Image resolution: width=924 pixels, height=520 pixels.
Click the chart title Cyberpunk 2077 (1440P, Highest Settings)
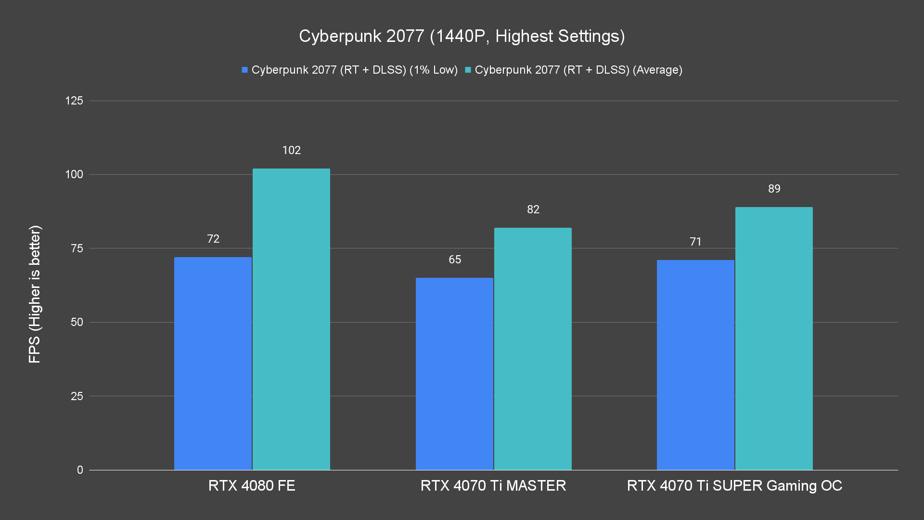[x=462, y=36]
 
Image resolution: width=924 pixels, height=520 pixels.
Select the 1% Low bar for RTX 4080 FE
[x=213, y=364]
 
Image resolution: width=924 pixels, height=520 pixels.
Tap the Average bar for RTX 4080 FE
[x=291, y=319]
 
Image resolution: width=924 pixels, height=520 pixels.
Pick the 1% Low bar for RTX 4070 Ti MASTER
[x=454, y=374]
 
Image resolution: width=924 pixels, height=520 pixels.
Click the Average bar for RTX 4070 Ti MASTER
[x=533, y=349]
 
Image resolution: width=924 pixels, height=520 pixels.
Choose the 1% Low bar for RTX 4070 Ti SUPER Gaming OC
[x=695, y=365]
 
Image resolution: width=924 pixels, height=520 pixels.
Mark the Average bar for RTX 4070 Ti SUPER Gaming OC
[x=774, y=338]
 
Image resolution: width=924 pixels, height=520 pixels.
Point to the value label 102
[x=291, y=150]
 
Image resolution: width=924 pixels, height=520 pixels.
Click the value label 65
[x=454, y=260]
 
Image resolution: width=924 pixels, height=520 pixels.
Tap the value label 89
[x=774, y=189]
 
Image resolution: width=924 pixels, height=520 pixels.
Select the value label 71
[x=695, y=242]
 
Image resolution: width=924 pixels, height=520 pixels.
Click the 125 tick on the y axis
[x=74, y=101]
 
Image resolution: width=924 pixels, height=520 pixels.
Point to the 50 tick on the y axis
[x=77, y=322]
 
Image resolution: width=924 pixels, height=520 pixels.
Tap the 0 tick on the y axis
[x=80, y=470]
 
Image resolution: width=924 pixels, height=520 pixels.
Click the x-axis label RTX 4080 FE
[x=252, y=485]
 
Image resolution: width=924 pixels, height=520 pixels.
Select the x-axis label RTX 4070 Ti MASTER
[x=493, y=485]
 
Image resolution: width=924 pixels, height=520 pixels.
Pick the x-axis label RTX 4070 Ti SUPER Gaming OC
[x=734, y=485]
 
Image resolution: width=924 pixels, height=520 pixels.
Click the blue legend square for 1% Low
[x=244, y=70]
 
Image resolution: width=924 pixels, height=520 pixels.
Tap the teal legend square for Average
[x=468, y=70]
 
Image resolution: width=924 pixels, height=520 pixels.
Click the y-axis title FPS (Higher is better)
[x=35, y=294]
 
